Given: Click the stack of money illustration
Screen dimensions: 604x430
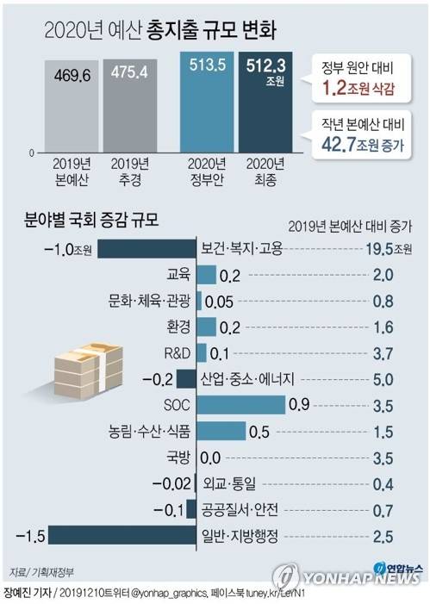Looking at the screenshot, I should tap(84, 361).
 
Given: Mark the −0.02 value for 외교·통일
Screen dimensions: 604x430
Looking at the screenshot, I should tap(171, 483).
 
